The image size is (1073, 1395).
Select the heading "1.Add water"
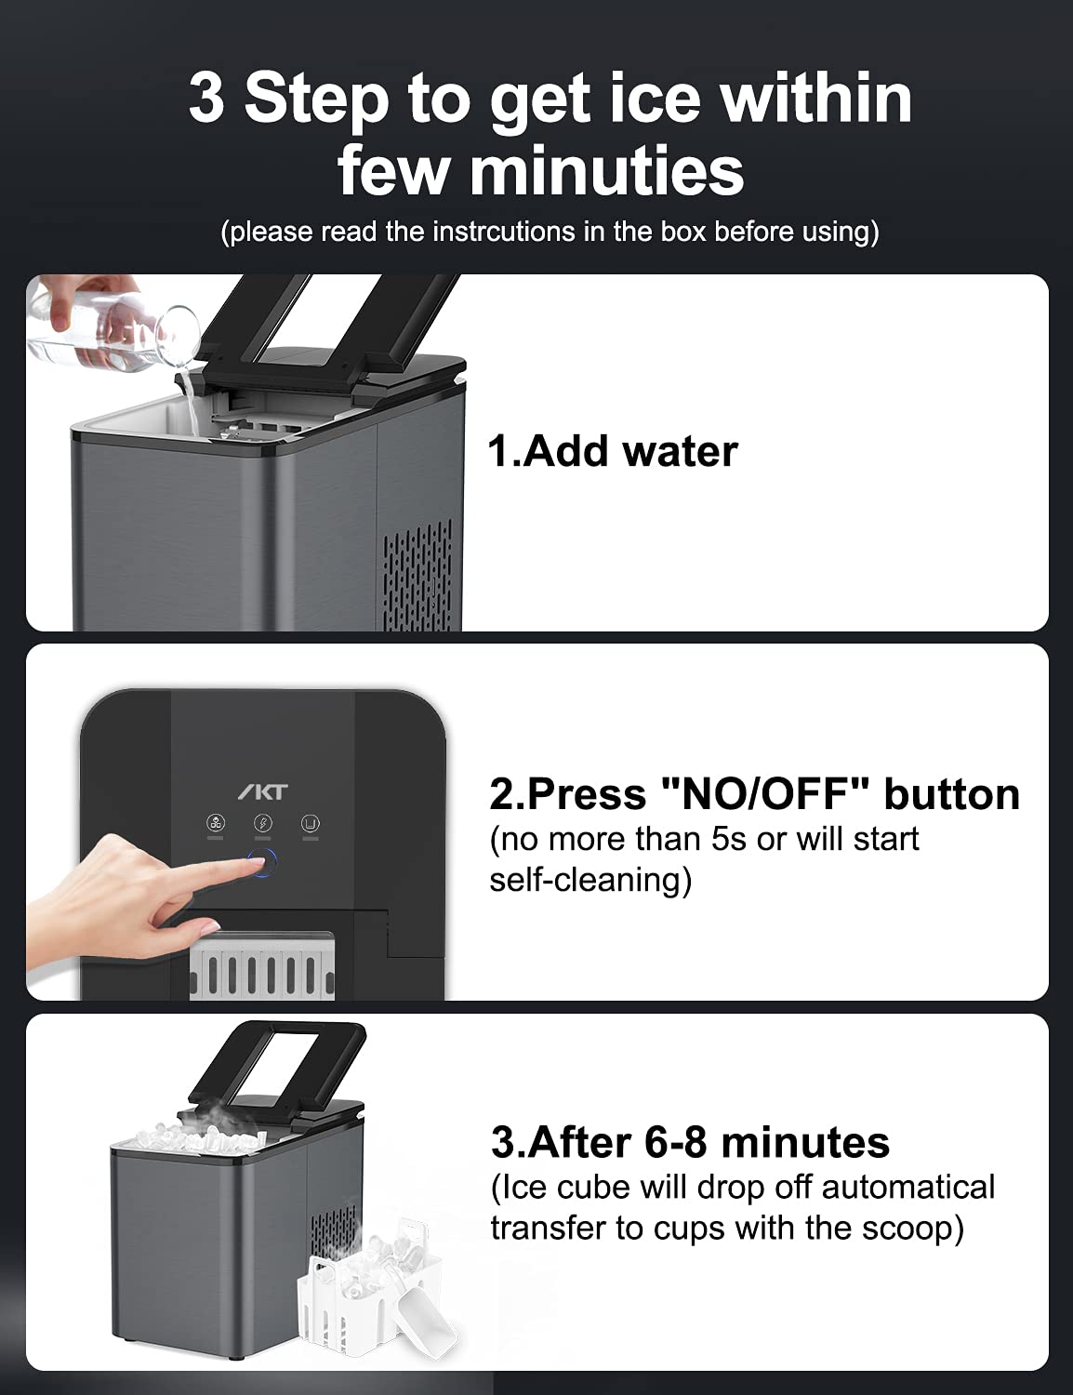[x=612, y=452]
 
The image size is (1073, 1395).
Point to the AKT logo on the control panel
[x=262, y=792]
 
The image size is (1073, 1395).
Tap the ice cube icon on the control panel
[x=216, y=823]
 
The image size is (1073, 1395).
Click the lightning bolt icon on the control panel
[x=263, y=823]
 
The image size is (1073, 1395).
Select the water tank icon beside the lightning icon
[x=310, y=823]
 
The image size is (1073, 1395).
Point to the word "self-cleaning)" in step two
[x=589, y=880]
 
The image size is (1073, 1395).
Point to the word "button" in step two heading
[x=951, y=794]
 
